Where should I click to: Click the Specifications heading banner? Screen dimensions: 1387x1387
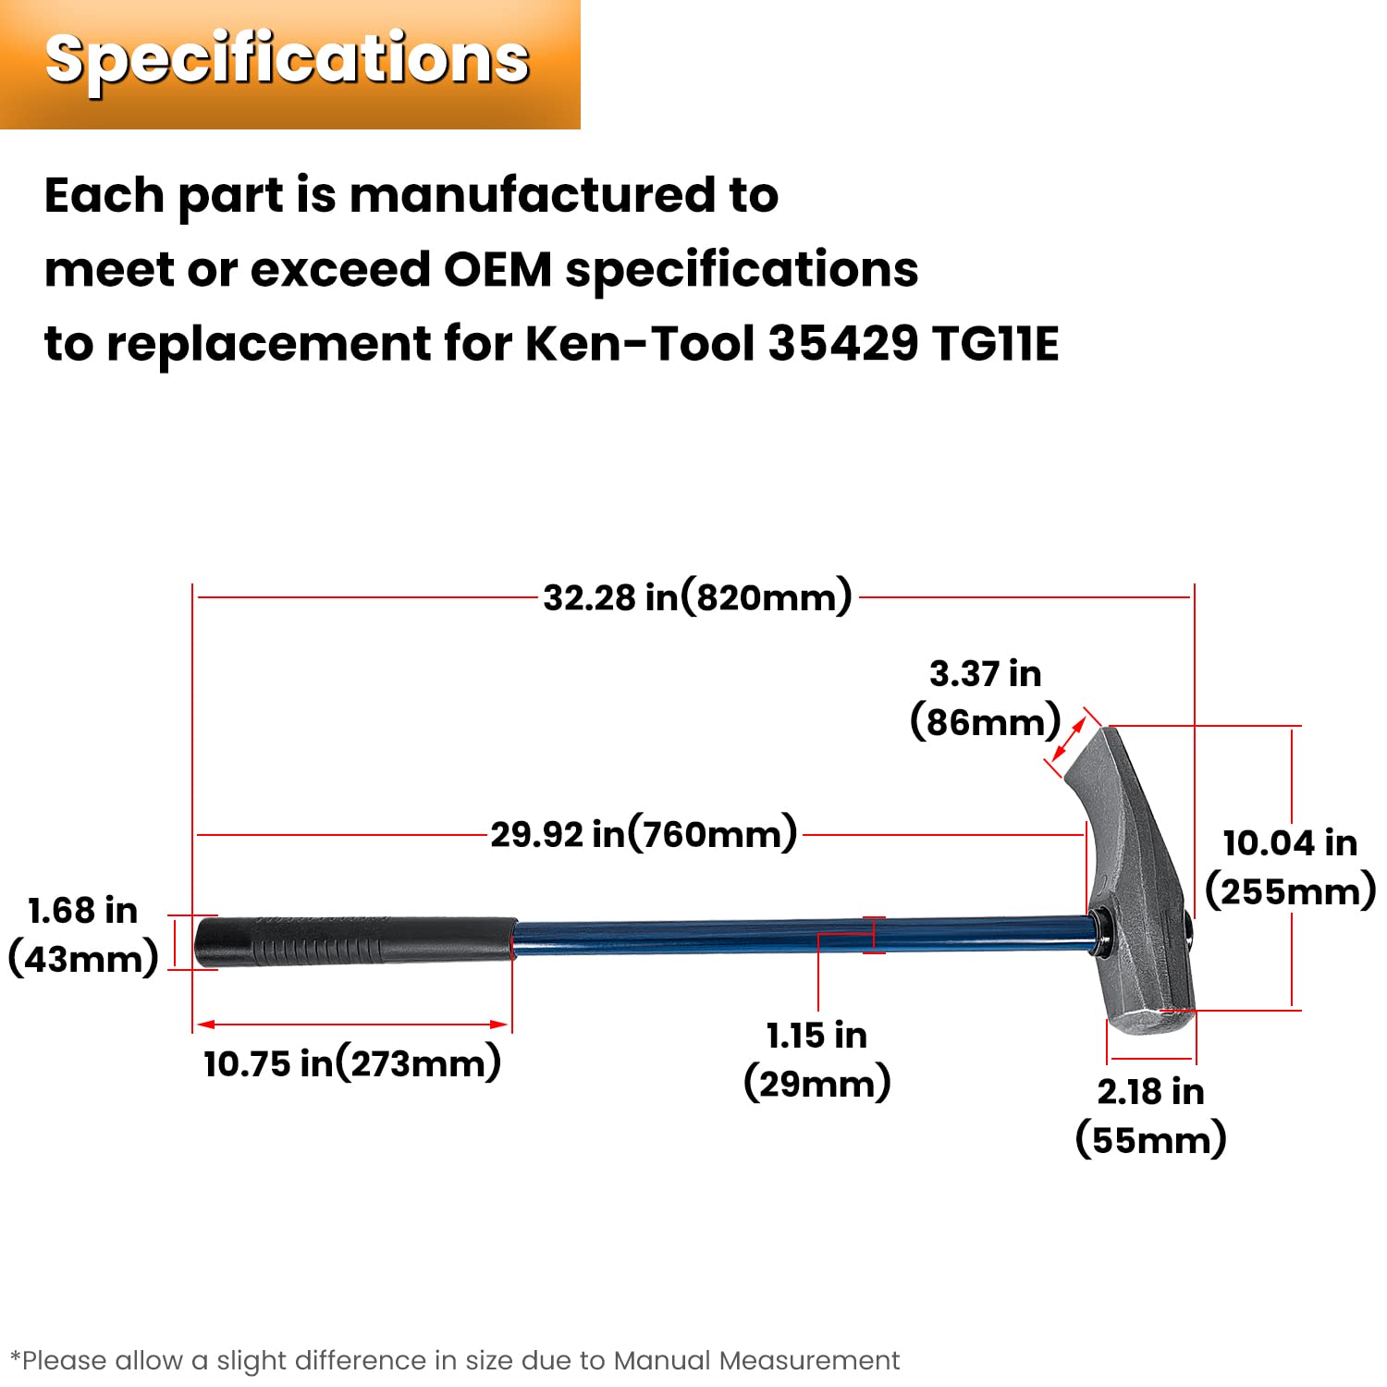[289, 64]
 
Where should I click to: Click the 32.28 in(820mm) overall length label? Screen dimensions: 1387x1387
[697, 597]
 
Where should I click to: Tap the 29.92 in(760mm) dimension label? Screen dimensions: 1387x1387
[644, 834]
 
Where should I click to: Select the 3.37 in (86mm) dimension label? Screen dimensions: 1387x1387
[986, 698]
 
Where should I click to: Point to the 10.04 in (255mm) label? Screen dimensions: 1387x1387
[1291, 867]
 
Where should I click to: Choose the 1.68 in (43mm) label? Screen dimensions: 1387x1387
[83, 935]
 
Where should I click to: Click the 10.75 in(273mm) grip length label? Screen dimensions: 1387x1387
[352, 1063]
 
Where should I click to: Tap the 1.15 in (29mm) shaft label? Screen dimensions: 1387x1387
[817, 1060]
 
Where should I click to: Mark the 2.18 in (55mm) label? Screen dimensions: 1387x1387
[1151, 1116]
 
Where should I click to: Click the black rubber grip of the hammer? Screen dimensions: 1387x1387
[355, 942]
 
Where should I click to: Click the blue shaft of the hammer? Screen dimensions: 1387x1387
[804, 936]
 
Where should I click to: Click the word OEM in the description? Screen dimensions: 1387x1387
[497, 270]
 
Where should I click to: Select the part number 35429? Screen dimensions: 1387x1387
[843, 344]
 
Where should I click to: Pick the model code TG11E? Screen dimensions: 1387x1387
[996, 344]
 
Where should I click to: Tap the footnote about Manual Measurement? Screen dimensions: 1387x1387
[454, 1360]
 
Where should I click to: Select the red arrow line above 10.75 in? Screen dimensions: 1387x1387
[353, 1025]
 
